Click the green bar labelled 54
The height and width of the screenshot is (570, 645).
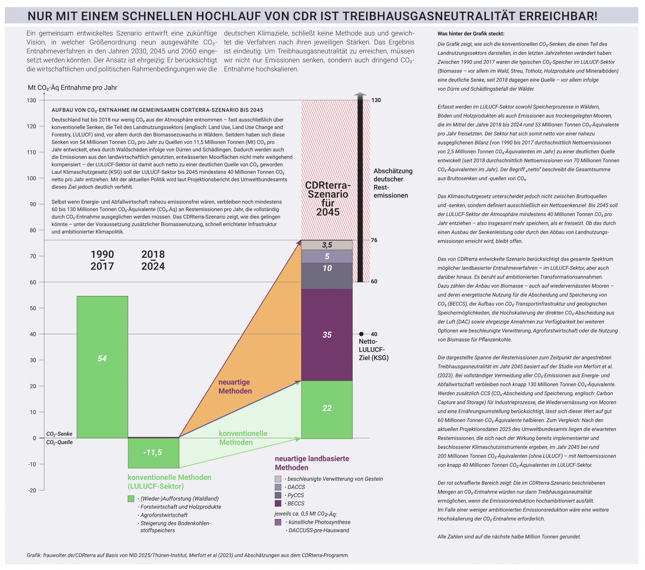(102, 367)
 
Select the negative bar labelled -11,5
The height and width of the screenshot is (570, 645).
(153, 453)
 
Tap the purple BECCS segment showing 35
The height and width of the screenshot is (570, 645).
(327, 335)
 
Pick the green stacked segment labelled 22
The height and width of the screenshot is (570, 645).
(327, 409)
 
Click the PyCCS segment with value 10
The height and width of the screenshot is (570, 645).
(327, 276)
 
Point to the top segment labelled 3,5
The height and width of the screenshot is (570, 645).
(327, 245)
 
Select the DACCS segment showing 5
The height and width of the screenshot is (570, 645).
(327, 256)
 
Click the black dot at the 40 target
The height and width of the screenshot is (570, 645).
(361, 334)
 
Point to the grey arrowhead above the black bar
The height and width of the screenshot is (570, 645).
(360, 94)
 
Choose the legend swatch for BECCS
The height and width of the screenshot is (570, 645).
(278, 503)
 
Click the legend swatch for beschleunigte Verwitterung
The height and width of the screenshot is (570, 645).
(278, 479)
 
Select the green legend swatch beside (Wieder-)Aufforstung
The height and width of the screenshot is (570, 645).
(131, 499)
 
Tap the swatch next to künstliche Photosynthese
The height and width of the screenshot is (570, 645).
(278, 522)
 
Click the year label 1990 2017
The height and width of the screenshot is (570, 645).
(102, 260)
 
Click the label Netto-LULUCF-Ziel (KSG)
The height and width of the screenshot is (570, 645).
(373, 350)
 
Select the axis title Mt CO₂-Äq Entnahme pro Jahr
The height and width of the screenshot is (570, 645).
(72, 88)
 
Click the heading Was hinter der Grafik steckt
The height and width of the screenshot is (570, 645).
(471, 34)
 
